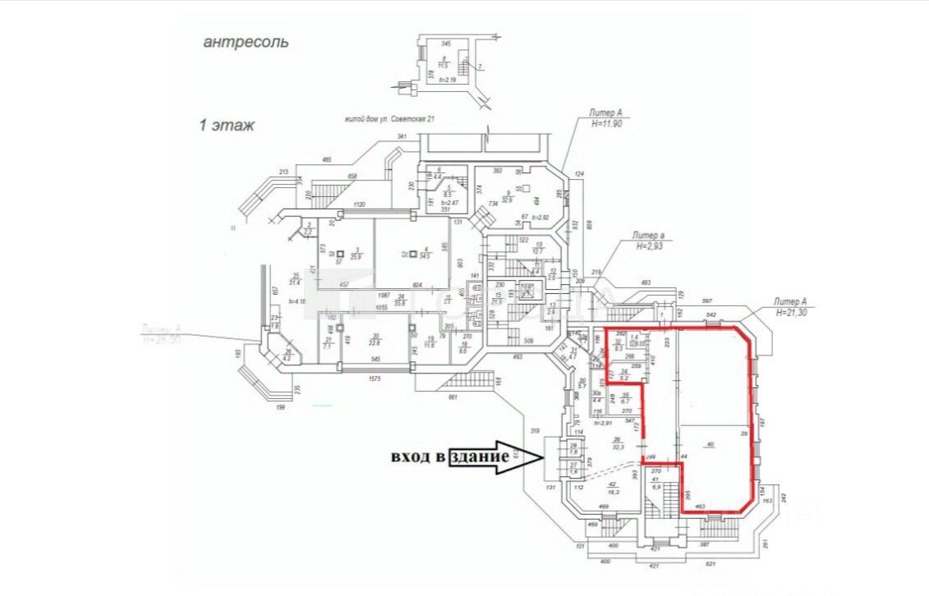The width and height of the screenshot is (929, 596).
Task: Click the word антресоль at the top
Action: click(246, 42)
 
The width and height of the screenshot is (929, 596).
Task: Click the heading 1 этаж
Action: click(227, 126)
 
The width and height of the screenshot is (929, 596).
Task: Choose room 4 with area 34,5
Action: click(426, 255)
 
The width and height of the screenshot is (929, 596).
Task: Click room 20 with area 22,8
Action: click(375, 340)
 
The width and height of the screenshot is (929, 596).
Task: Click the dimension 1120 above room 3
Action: click(357, 204)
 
